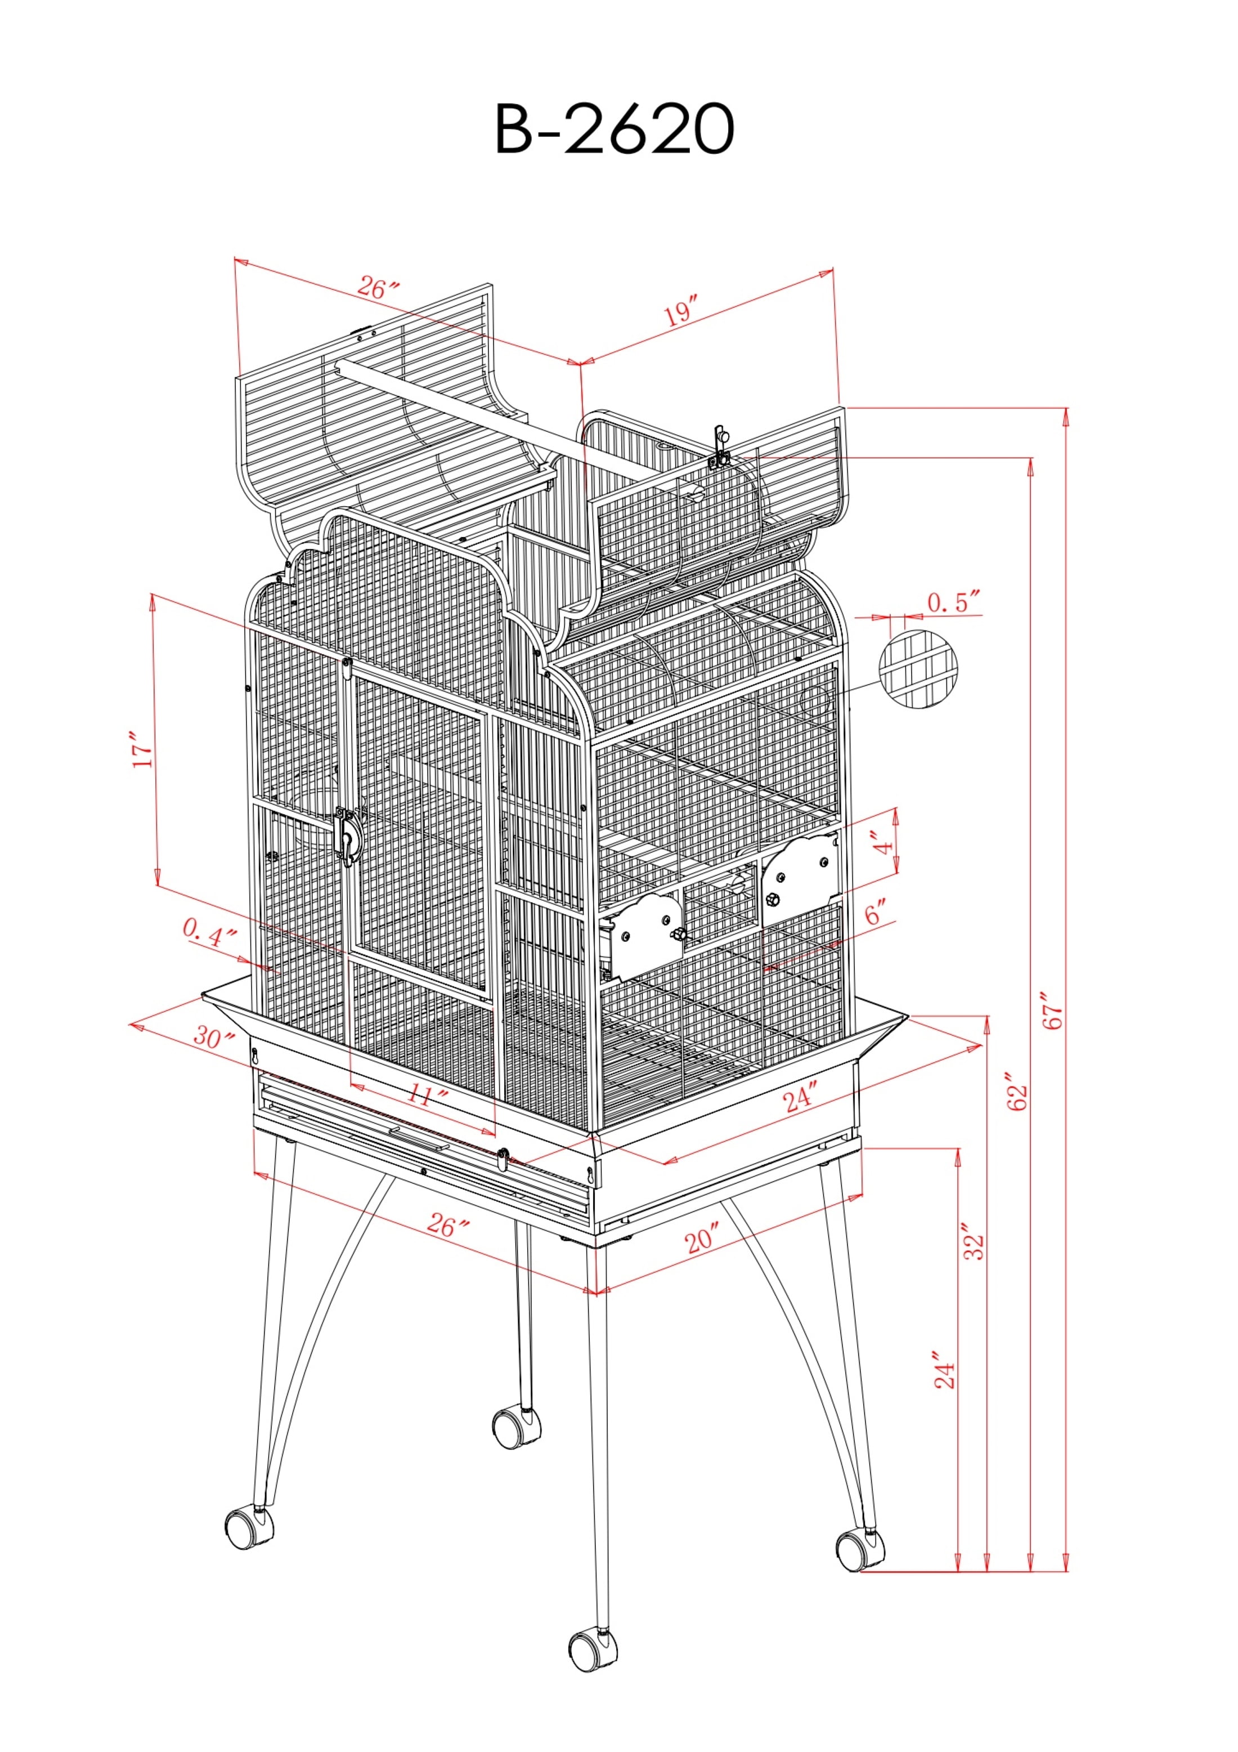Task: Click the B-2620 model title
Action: click(615, 129)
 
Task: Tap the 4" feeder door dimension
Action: click(884, 844)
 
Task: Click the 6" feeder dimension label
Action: click(876, 913)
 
